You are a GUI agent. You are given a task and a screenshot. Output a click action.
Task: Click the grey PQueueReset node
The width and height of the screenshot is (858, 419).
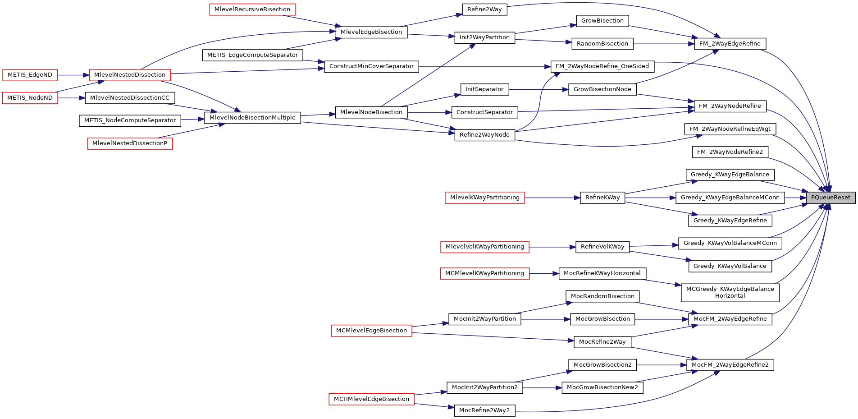831,198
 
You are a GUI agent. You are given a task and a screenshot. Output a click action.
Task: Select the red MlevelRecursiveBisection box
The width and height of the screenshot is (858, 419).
252,9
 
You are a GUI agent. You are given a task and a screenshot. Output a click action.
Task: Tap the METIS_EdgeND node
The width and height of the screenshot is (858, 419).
30,75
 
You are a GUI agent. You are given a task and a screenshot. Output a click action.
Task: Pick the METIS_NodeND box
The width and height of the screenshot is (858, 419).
30,98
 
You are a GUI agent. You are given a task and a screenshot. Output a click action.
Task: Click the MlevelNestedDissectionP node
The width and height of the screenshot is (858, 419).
130,143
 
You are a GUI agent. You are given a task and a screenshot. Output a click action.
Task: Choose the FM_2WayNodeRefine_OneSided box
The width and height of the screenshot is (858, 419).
602,66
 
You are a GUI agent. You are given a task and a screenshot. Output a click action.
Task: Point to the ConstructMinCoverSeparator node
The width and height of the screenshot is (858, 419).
371,66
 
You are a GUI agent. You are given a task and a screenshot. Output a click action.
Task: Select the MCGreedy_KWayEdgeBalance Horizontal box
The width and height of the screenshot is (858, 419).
730,292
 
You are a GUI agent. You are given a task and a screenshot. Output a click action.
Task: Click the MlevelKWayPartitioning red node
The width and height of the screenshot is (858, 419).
484,198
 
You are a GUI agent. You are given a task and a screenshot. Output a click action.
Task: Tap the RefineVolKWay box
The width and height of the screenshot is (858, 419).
602,247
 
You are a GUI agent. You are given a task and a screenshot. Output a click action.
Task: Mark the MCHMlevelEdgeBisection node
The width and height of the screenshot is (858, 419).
371,399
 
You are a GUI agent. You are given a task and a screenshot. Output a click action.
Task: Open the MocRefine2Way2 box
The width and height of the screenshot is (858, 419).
484,410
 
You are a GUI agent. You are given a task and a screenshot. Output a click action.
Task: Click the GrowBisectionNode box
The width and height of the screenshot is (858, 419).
602,89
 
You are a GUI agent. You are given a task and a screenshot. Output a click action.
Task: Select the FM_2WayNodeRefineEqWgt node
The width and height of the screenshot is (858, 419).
730,129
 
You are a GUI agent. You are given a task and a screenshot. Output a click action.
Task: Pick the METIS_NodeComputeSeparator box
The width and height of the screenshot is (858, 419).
130,120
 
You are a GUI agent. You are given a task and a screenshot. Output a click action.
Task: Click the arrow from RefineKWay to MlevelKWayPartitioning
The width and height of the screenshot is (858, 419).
552,198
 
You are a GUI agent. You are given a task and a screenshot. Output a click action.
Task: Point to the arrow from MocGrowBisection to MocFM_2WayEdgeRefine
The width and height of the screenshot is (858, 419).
662,319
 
